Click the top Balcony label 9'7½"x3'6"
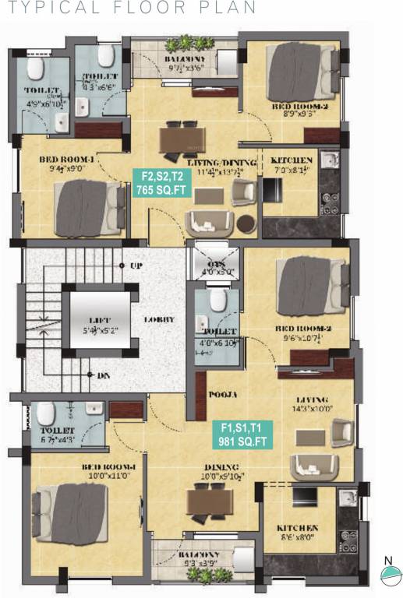pos(185,64)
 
